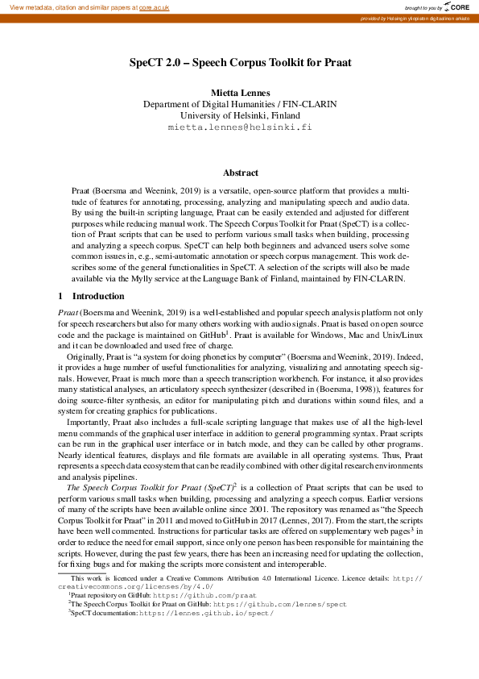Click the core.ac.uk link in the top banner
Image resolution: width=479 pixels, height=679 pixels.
pos(155,7)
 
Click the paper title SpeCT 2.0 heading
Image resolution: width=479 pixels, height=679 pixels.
pos(240,62)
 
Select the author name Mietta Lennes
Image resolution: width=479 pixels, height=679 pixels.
pos(240,93)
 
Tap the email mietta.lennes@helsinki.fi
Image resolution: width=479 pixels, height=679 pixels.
pos(240,127)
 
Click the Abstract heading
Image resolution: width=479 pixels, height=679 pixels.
pos(240,173)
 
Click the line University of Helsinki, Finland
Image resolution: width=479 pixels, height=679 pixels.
pos(240,115)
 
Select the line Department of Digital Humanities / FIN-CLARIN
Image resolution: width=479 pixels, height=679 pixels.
pos(240,104)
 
